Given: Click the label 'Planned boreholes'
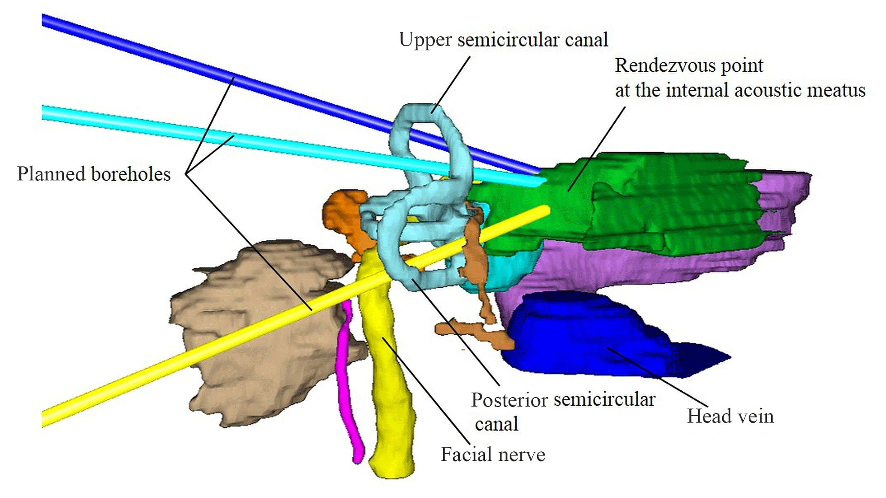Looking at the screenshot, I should click(93, 174).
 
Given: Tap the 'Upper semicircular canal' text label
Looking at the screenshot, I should click(503, 40).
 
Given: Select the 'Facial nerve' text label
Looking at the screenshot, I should click(493, 455).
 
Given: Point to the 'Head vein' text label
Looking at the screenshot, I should click(730, 417).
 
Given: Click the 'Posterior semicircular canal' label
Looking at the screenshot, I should click(563, 411).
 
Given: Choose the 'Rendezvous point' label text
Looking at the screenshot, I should click(689, 66).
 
